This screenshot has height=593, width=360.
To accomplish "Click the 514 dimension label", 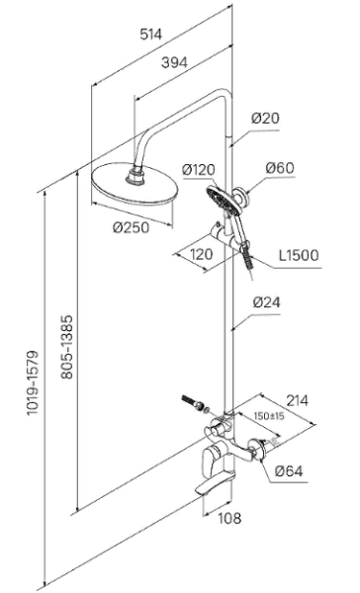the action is tap(150, 35).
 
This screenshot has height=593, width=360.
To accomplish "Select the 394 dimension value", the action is tap(174, 63).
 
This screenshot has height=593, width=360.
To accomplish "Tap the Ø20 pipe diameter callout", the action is tap(265, 119).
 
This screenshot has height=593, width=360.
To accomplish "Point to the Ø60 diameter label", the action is tap(280, 168).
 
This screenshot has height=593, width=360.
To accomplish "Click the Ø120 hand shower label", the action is tap(198, 170).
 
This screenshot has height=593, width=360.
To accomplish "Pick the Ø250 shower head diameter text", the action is tap(131, 227).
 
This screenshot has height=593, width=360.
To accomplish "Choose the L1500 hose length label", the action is tap(299, 255).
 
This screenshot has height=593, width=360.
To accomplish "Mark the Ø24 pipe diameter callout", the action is tap(267, 302).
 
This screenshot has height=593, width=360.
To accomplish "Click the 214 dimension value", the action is tap(297, 400).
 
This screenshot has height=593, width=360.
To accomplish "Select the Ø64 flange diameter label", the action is tap(289, 471).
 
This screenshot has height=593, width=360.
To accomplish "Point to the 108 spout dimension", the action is tap(229, 518).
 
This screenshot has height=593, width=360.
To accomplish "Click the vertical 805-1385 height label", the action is tap(67, 347).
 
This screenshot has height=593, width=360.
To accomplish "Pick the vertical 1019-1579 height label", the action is tap(33, 382).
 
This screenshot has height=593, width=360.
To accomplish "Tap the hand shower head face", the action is tap(223, 202).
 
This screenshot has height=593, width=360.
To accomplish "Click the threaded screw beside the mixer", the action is tap(192, 402).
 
